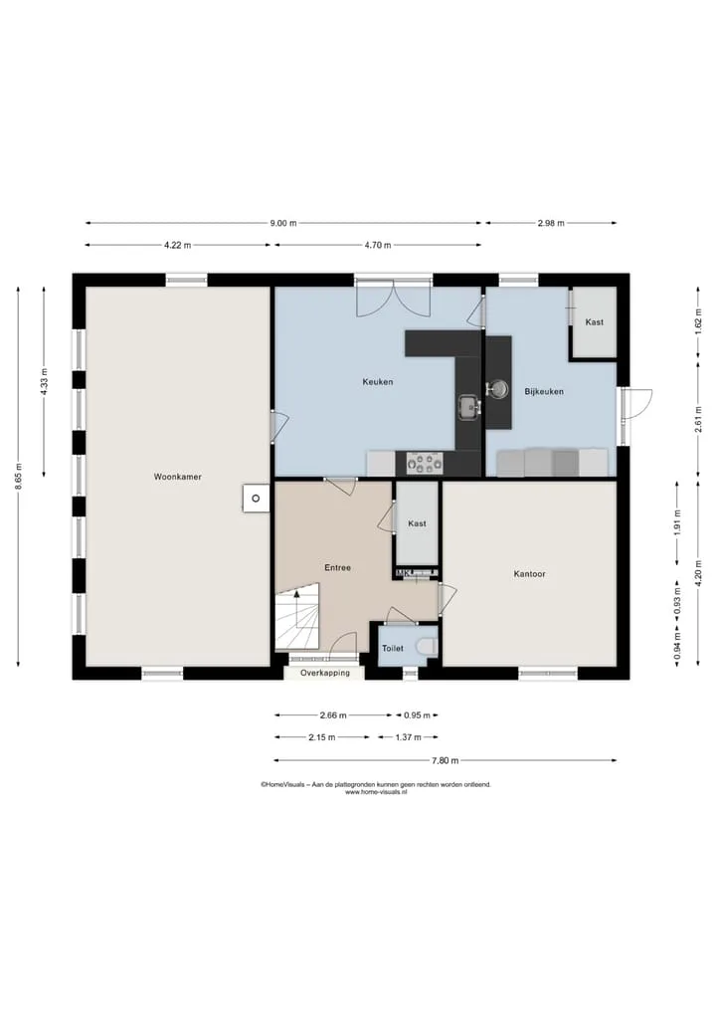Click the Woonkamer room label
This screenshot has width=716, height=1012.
click(177, 477)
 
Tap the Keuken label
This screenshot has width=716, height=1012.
click(377, 382)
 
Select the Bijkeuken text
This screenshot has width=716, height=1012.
click(544, 392)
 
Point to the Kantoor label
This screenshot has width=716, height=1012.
click(530, 574)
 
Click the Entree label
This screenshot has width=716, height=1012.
click(337, 568)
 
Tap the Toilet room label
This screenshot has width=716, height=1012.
click(392, 649)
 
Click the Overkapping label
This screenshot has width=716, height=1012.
click(325, 673)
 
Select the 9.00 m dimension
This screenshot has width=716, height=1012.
click(283, 223)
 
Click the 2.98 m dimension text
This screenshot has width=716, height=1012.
click(551, 223)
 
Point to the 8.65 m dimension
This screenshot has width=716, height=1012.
click(19, 477)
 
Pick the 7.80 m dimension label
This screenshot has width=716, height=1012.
click(446, 760)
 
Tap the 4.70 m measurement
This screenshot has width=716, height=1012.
click(377, 245)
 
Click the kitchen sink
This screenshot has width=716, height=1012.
click(469, 407)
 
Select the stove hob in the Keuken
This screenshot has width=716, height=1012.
click(425, 463)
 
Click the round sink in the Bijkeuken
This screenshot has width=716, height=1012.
click(497, 388)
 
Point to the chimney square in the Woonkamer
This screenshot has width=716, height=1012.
click(257, 499)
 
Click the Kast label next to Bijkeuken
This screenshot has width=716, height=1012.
click(594, 322)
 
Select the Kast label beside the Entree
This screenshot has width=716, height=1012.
click(417, 524)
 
